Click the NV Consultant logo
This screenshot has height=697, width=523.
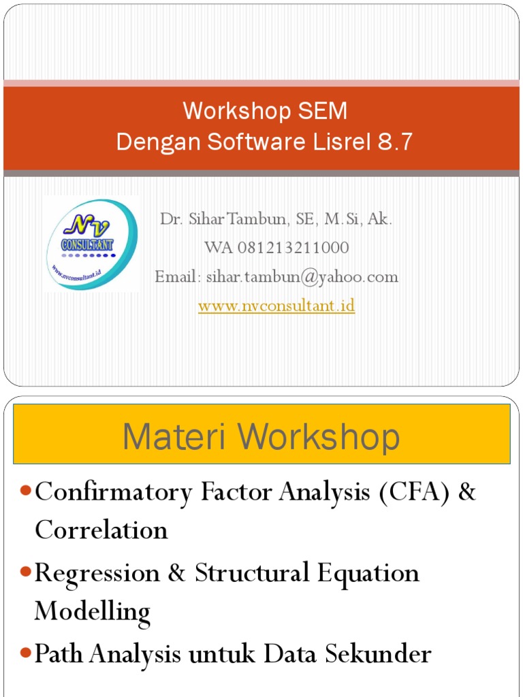pos(91,244)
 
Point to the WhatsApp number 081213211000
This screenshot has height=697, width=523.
pos(294,248)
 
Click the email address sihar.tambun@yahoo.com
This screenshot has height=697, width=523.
pos(300,277)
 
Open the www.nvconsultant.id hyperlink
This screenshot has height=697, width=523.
pos(276,306)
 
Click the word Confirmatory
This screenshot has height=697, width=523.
pos(114,492)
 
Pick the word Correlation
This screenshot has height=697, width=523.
pos(101,530)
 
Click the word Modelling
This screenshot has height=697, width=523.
pos(93,611)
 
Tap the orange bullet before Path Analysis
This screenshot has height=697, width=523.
pos(26,654)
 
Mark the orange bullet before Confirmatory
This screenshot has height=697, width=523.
pos(26,492)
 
